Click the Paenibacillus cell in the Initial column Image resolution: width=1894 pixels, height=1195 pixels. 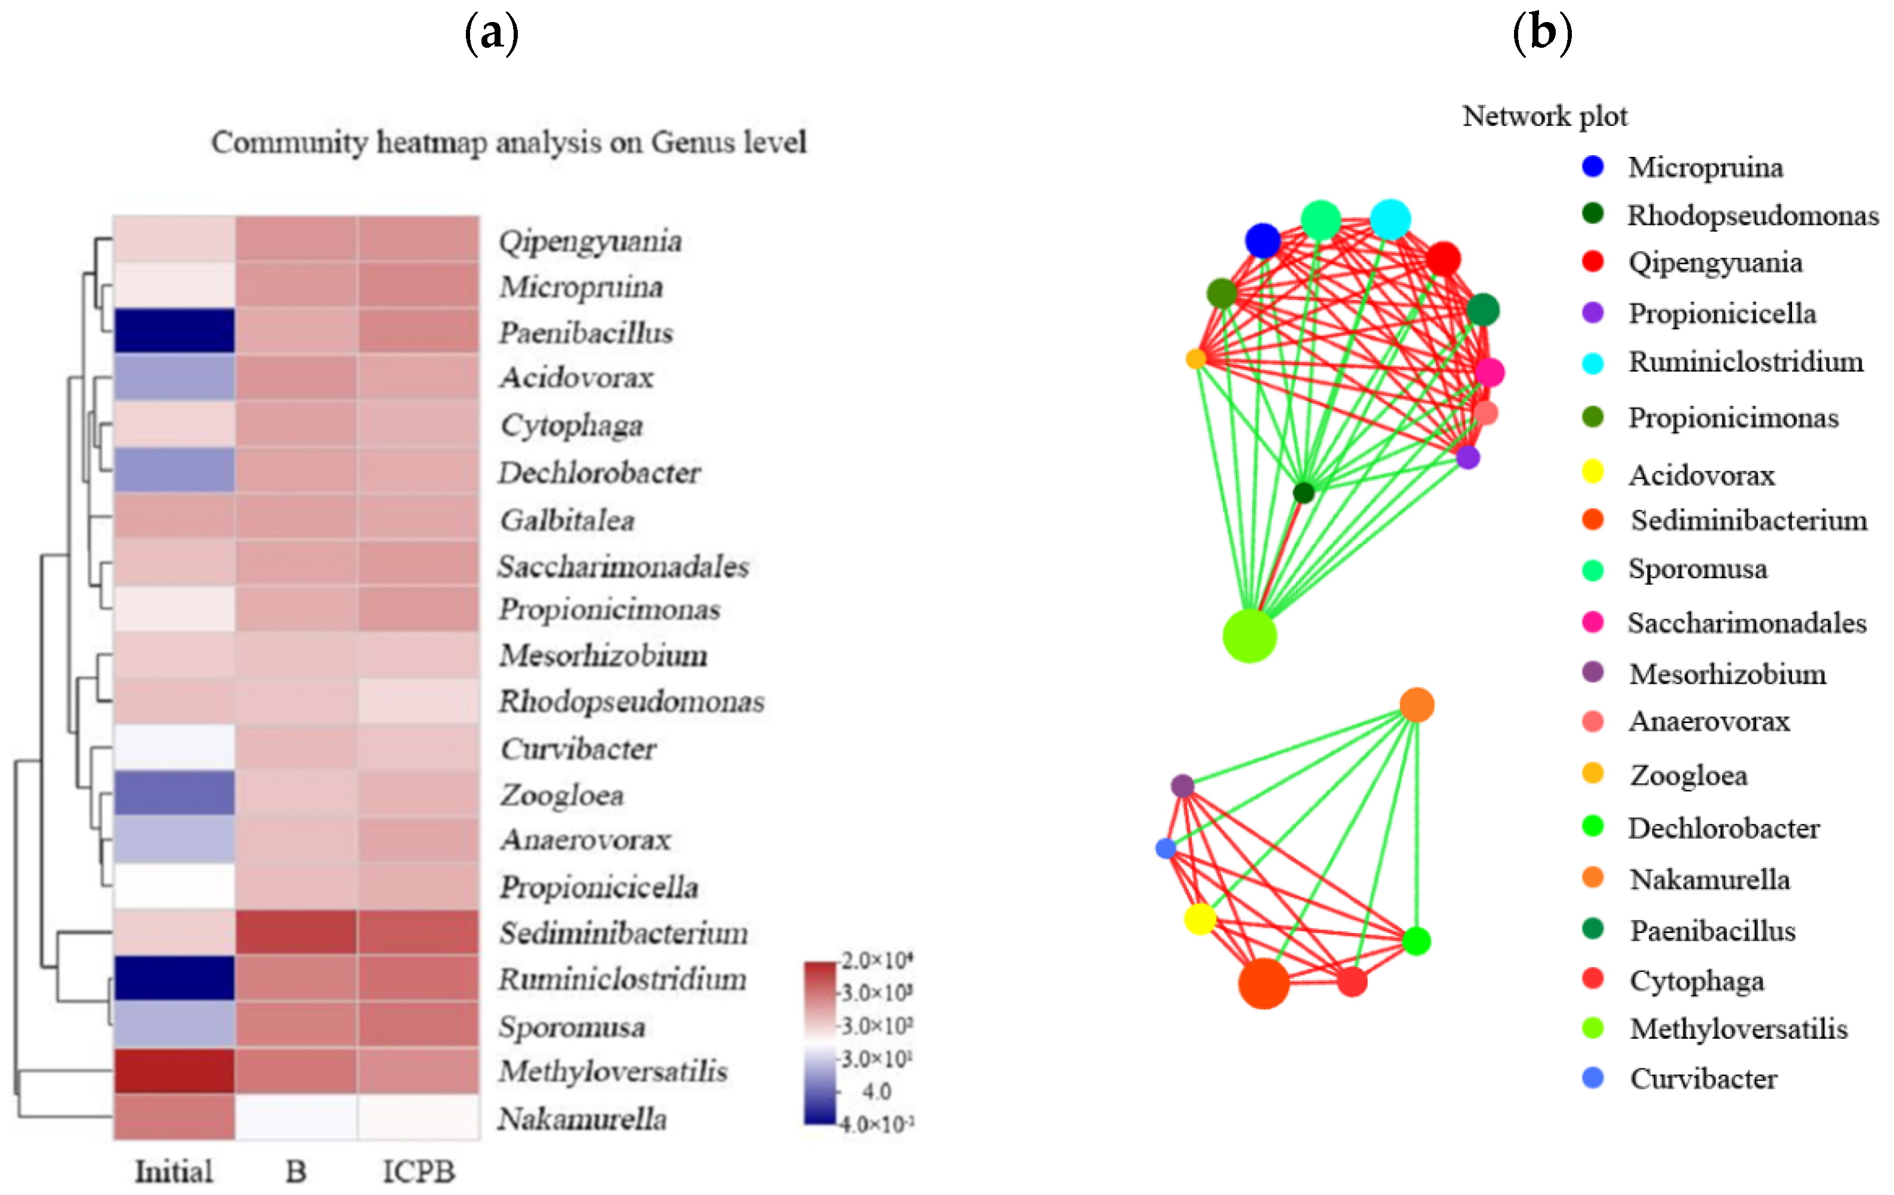click(x=174, y=331)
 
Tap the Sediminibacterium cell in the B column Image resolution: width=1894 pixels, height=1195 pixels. click(x=296, y=932)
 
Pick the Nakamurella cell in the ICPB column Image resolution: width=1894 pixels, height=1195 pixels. click(x=418, y=1117)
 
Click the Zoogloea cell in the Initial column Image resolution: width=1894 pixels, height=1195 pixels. click(x=174, y=793)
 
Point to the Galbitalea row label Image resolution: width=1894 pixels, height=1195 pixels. click(x=567, y=520)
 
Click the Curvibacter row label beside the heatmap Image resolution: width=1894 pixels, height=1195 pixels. click(x=578, y=749)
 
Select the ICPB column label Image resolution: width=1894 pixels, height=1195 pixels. click(x=418, y=1171)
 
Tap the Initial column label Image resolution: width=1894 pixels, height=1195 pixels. click(x=174, y=1171)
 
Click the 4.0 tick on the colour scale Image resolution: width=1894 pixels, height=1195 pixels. click(x=876, y=1091)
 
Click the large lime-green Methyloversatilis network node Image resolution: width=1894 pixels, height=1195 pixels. click(x=1250, y=635)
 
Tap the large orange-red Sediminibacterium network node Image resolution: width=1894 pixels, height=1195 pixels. click(x=1263, y=983)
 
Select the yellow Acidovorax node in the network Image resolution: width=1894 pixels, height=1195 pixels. click(x=1200, y=918)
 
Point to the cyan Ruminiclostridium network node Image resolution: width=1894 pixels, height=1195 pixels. click(x=1390, y=220)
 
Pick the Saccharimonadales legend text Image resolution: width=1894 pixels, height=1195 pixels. click(x=1747, y=623)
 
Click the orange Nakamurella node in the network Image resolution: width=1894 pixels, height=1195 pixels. click(x=1417, y=705)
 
